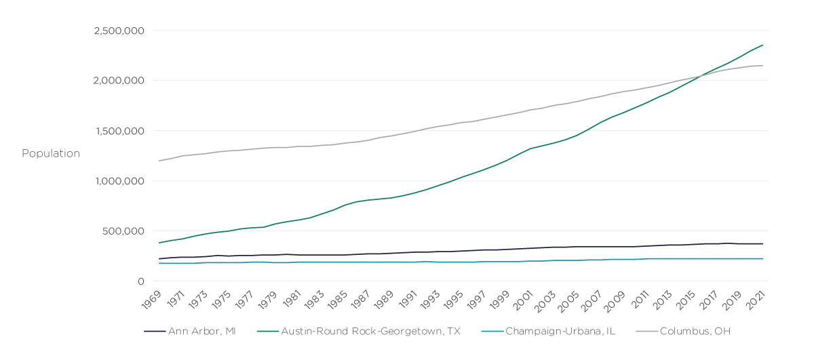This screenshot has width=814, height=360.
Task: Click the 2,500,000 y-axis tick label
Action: [x=119, y=31]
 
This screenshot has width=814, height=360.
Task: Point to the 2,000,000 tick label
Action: [x=119, y=81]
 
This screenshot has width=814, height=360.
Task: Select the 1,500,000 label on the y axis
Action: [x=119, y=131]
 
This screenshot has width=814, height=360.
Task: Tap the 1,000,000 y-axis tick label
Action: [x=119, y=181]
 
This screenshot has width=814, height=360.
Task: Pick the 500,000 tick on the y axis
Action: [x=124, y=231]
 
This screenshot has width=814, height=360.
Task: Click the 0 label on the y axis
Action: [x=141, y=281]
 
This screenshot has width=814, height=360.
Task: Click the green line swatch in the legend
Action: [x=268, y=331]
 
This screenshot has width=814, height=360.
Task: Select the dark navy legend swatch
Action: [x=154, y=331]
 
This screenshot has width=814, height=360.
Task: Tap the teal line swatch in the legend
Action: [x=491, y=331]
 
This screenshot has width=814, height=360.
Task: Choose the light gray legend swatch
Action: [x=646, y=331]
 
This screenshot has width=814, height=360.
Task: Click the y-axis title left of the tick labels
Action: [x=51, y=152]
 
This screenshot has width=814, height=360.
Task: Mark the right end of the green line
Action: [x=764, y=45]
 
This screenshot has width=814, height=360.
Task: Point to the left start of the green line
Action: [x=158, y=241]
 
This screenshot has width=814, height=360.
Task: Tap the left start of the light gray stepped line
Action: [x=158, y=160]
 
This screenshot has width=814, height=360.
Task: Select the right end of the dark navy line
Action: [x=764, y=243]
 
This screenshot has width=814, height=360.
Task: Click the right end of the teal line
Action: [x=764, y=258]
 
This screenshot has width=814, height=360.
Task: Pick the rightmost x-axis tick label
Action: [x=754, y=298]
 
